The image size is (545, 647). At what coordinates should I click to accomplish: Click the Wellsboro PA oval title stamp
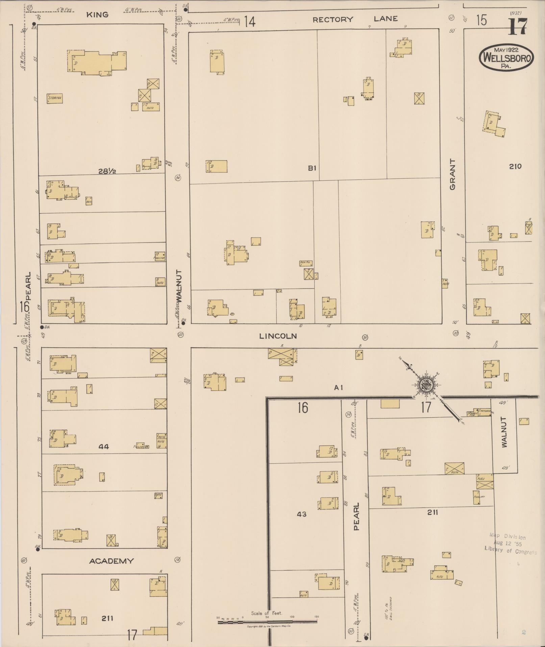[506, 57]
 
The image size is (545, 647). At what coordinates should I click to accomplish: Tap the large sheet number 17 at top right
[517, 27]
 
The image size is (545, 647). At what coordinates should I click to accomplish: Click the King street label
[97, 15]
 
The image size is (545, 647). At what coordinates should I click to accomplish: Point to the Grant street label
[452, 174]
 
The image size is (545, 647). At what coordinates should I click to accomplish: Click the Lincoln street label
[278, 336]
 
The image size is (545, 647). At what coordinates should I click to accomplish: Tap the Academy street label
[111, 561]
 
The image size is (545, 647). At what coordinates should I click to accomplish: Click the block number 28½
[107, 171]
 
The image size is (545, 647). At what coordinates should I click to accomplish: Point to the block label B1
[312, 168]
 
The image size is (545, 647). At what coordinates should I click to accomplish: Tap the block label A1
[339, 388]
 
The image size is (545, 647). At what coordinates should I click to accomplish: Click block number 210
[515, 166]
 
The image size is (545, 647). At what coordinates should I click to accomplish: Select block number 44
[104, 446]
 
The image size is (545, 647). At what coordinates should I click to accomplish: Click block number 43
[301, 514]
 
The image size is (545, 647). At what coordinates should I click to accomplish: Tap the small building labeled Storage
[55, 98]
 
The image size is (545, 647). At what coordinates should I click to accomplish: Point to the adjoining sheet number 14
[249, 22]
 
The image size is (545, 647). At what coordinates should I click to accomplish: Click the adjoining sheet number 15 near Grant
[481, 20]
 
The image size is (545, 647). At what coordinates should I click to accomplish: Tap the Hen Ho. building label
[305, 263]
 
